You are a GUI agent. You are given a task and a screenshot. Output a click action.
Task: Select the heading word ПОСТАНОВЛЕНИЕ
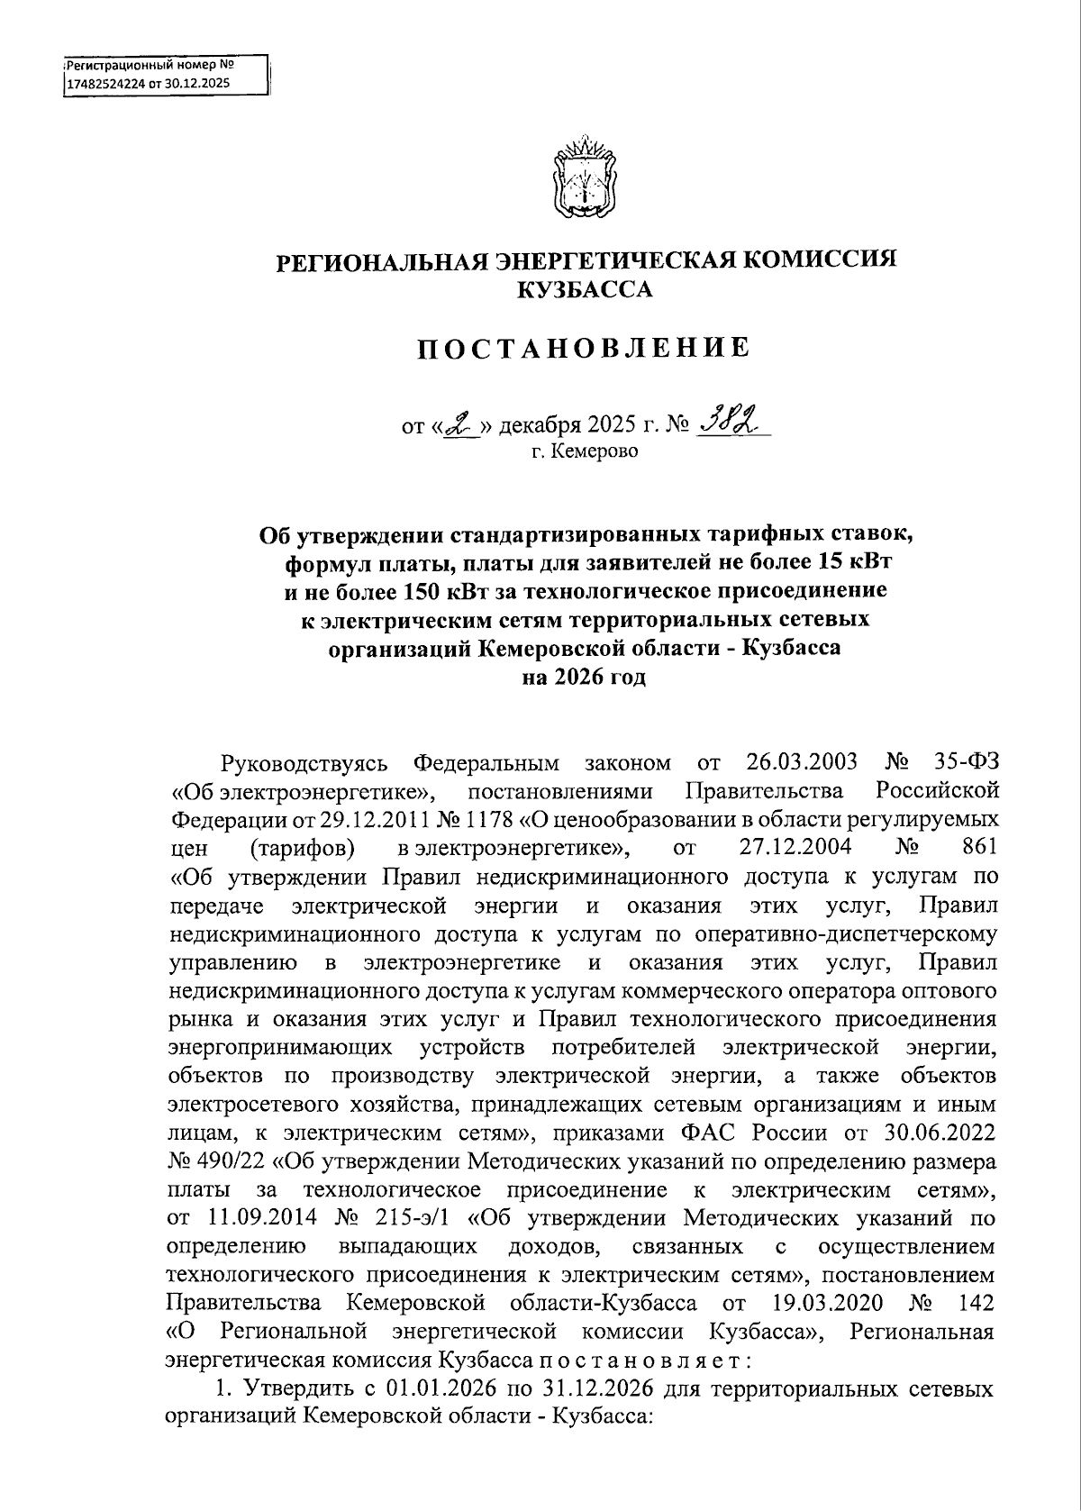tap(583, 348)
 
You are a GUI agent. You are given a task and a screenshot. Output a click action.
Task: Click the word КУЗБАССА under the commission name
tap(583, 289)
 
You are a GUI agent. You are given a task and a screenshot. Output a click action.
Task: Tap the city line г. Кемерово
tap(583, 451)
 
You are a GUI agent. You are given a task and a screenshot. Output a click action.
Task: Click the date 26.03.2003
tap(802, 763)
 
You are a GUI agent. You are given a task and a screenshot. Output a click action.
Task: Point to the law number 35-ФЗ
tap(964, 763)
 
